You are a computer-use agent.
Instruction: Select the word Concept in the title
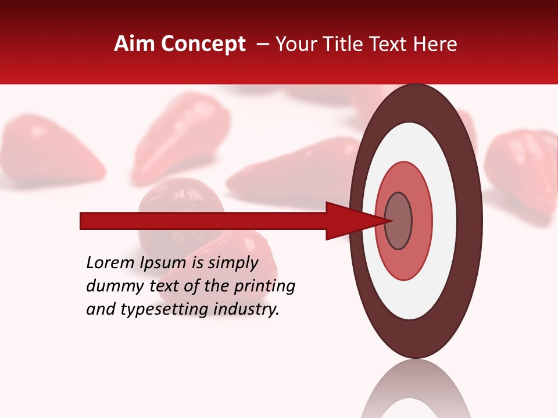203,45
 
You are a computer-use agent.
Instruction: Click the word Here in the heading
435,44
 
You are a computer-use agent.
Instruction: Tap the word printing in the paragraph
264,286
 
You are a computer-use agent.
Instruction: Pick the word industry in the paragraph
246,309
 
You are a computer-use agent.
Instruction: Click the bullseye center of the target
398,221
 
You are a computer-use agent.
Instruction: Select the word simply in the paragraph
233,263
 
